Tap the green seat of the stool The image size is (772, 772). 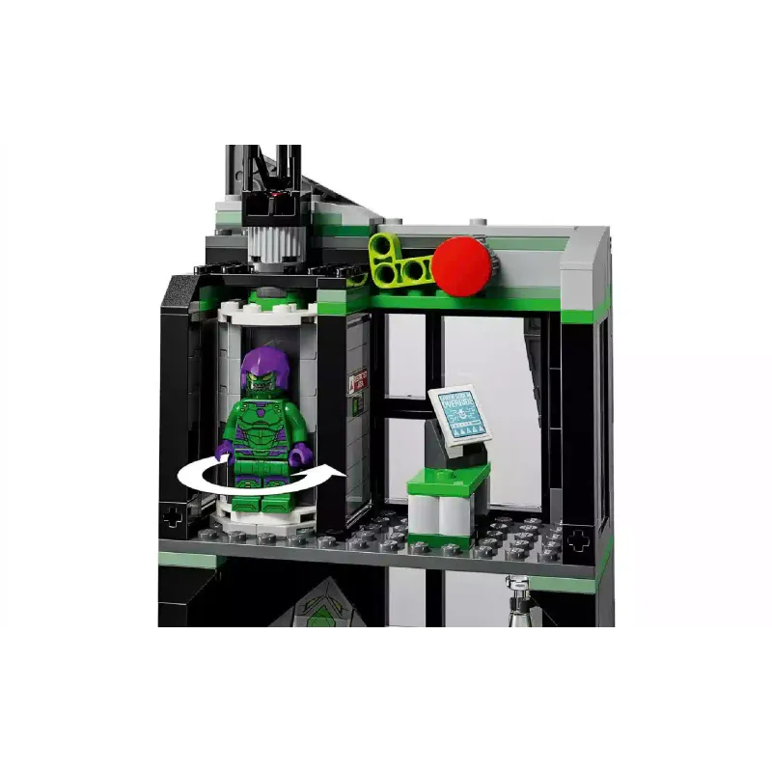click(449, 478)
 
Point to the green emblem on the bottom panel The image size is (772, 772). click(318, 608)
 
